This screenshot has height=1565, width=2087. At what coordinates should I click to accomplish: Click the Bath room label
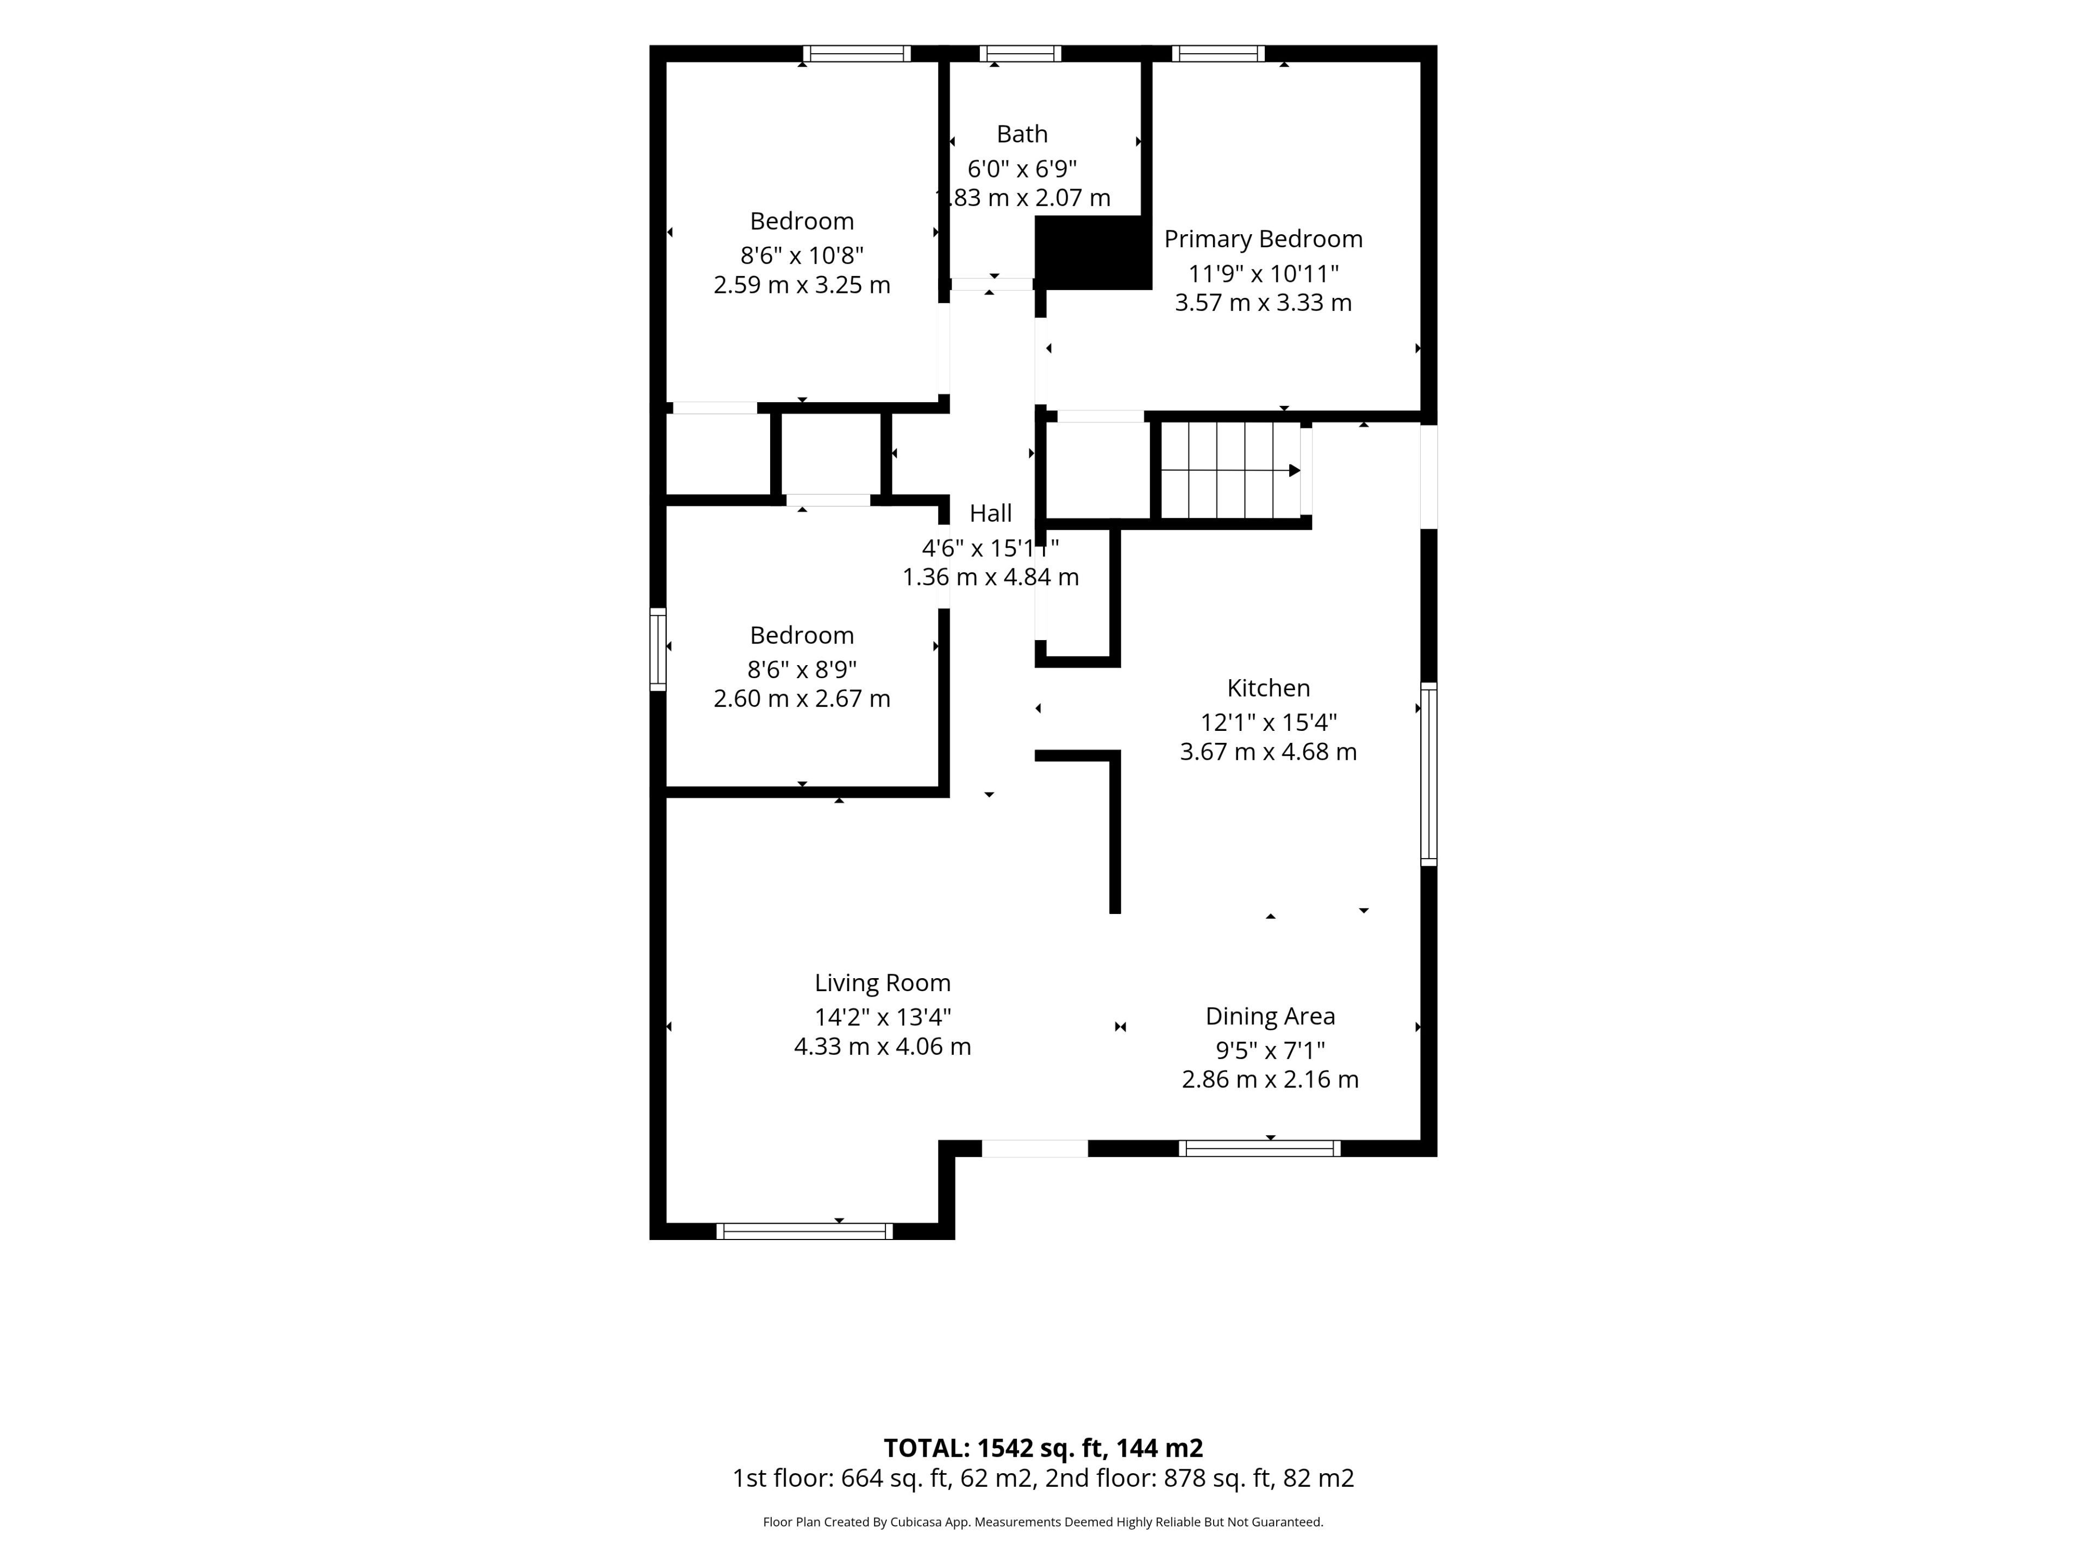(x=1022, y=134)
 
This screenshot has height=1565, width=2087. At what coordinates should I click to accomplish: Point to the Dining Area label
(x=1270, y=1016)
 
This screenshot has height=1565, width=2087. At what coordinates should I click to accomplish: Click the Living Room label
(x=882, y=983)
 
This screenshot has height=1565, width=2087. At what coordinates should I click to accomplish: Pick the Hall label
(x=991, y=513)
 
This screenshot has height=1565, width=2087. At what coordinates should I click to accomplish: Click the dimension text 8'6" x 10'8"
(x=802, y=255)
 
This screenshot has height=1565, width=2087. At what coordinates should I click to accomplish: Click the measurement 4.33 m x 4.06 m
(x=882, y=1046)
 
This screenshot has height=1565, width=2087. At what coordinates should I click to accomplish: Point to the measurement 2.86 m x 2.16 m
(x=1270, y=1079)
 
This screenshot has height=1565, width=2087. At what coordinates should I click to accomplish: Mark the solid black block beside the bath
(x=1094, y=252)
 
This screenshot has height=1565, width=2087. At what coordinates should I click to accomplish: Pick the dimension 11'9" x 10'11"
(x=1263, y=273)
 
